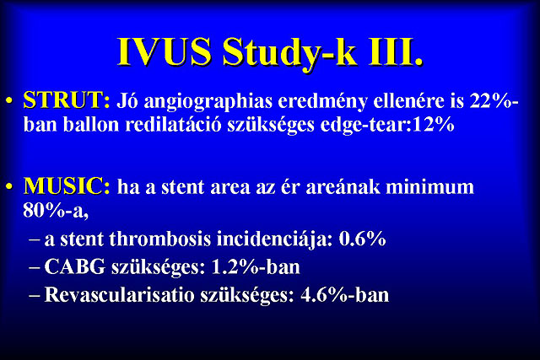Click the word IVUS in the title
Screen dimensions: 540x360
pyautogui.click(x=165, y=51)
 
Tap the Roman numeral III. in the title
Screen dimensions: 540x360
pyautogui.click(x=396, y=51)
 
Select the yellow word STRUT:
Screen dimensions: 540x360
pyautogui.click(x=67, y=100)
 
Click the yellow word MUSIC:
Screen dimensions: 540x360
pyautogui.click(x=67, y=186)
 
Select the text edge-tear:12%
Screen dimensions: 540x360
pyautogui.click(x=387, y=126)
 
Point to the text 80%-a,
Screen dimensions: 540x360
pyautogui.click(x=56, y=211)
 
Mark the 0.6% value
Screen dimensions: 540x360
pyautogui.click(x=362, y=239)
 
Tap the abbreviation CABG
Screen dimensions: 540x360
pyautogui.click(x=75, y=266)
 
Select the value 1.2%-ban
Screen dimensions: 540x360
pyautogui.click(x=255, y=266)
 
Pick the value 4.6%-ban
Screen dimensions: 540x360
pyautogui.click(x=345, y=294)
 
